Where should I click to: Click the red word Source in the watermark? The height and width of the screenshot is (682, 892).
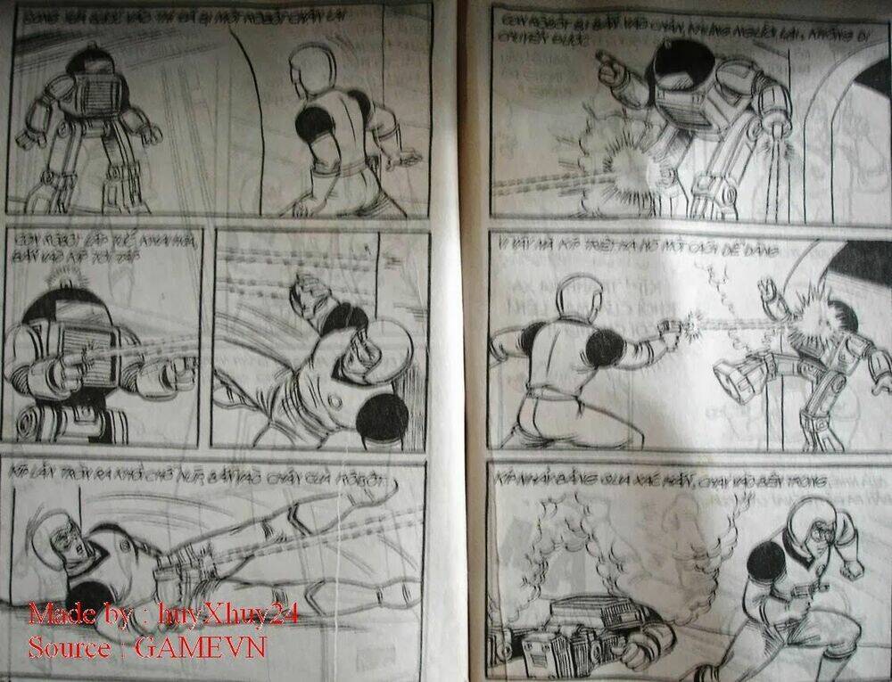[67, 646]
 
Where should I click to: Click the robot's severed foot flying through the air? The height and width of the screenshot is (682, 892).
[737, 374]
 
